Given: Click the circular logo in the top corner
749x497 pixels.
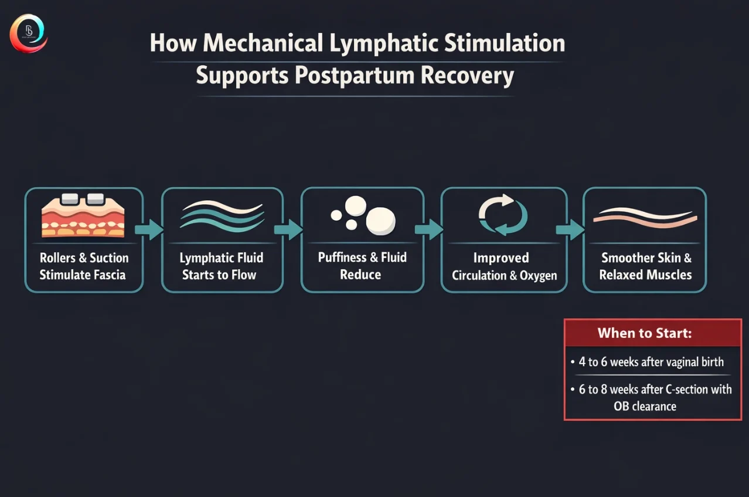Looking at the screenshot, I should click(28, 33).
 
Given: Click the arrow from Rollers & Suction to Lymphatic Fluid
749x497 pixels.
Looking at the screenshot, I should click(149, 229).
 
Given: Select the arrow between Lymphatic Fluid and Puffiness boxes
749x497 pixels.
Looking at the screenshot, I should click(288, 229).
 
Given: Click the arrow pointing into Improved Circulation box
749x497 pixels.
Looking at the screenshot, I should click(429, 229).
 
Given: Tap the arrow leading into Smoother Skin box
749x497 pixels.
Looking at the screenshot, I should click(570, 229).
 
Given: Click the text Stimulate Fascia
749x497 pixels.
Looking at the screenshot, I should click(83, 275).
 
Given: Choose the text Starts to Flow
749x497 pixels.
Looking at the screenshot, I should click(219, 275).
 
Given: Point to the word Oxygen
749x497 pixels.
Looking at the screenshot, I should click(538, 275).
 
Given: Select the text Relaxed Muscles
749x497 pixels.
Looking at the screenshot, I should click(645, 275).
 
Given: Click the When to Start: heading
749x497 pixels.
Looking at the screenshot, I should click(645, 333).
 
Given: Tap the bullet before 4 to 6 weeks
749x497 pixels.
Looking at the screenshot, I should click(573, 363).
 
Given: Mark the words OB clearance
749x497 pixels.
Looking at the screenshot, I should click(645, 406).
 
